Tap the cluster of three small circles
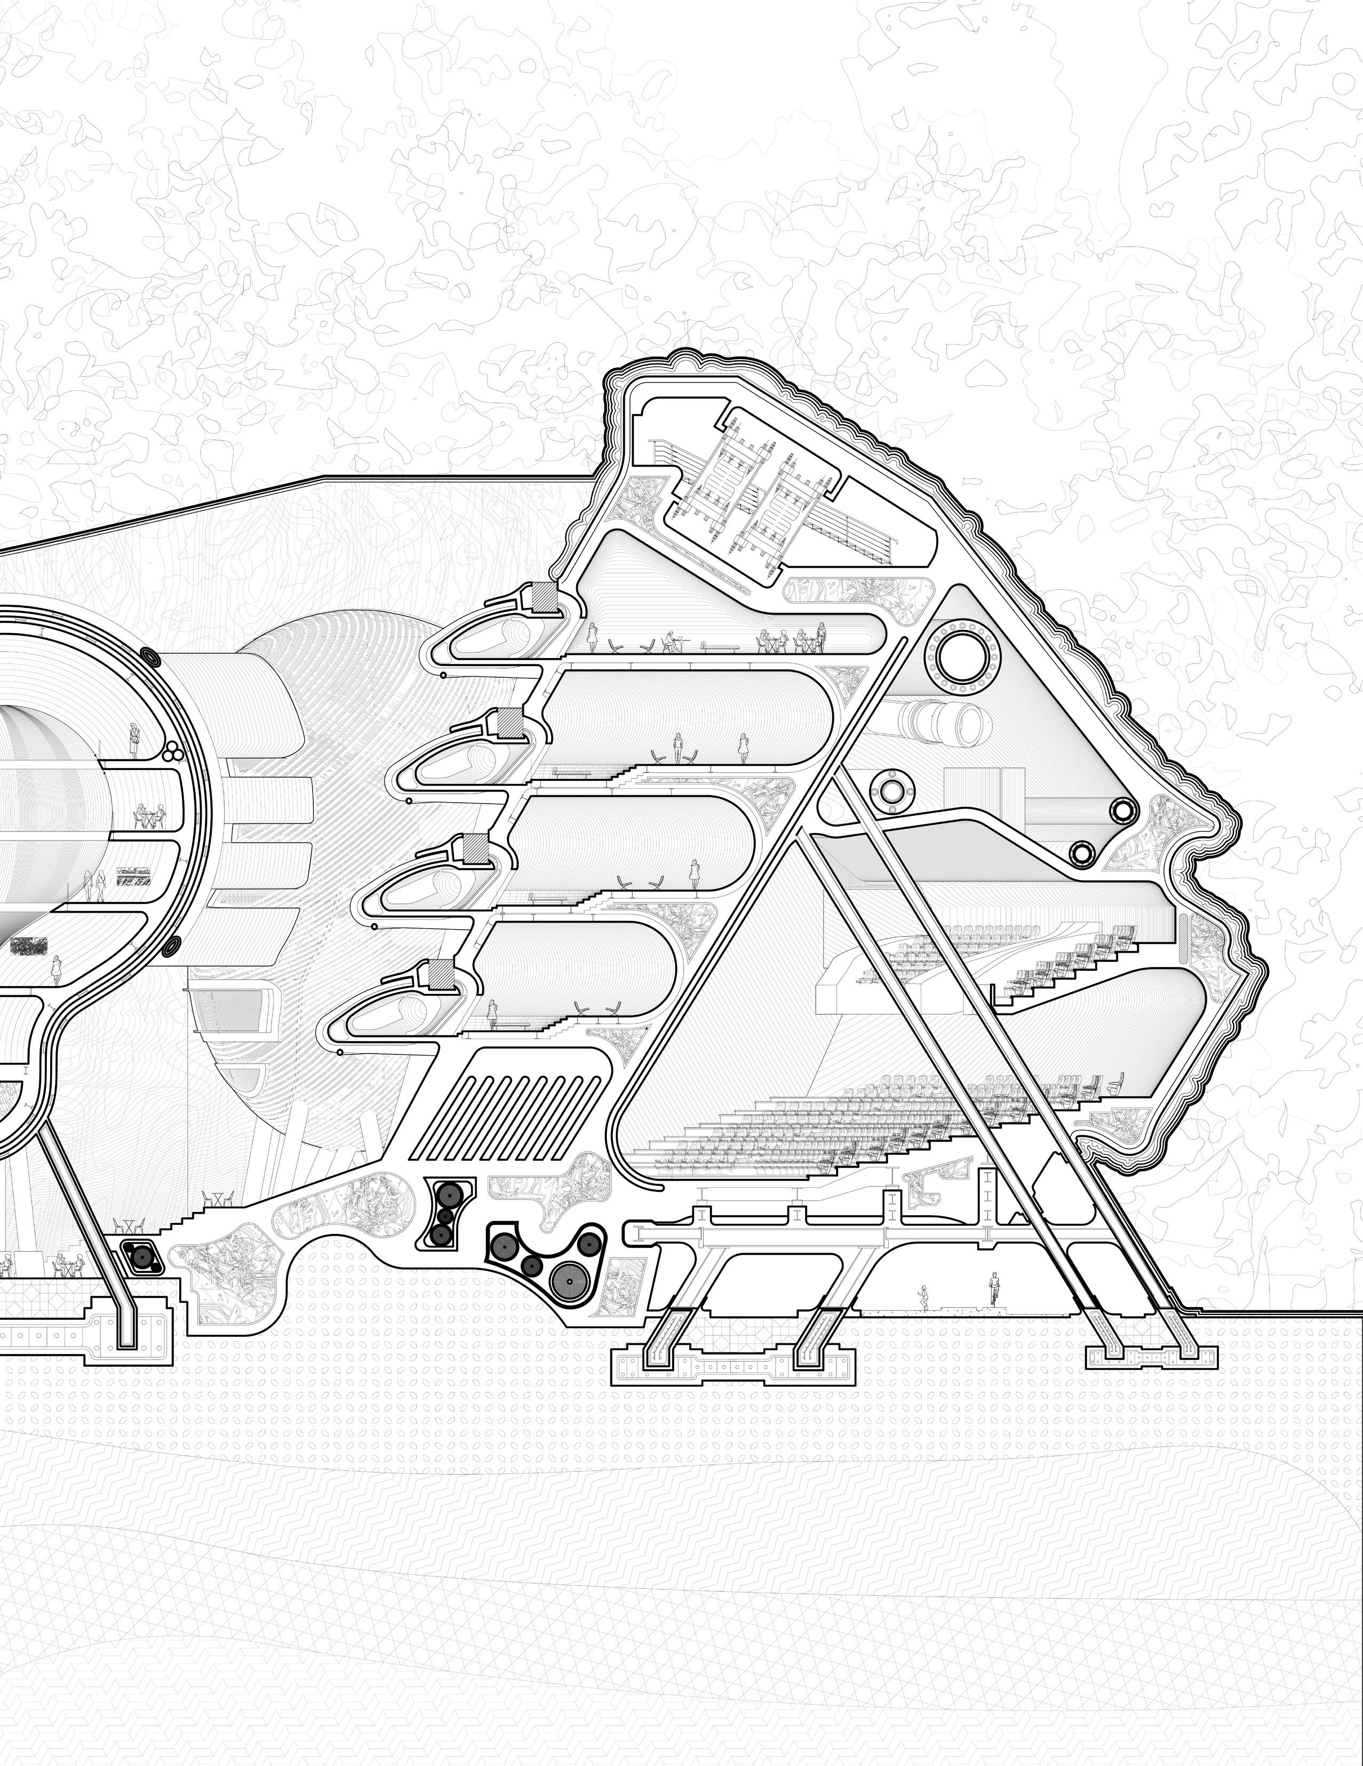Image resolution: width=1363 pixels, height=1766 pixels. pyautogui.click(x=171, y=753)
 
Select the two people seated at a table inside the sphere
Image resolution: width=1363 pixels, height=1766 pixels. pyautogui.click(x=149, y=814)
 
